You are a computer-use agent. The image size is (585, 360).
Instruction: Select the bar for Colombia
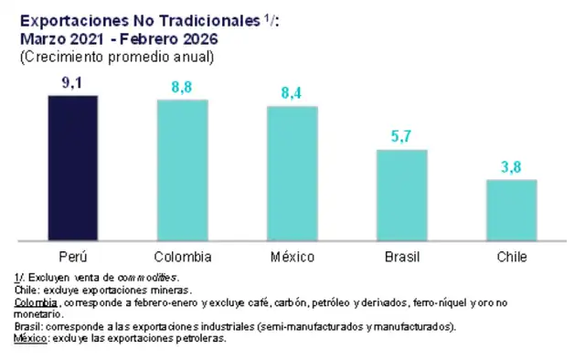[x=182, y=171]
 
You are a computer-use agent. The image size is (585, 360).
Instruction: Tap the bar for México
[x=292, y=175]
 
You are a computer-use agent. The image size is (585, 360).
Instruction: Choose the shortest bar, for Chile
[x=511, y=211]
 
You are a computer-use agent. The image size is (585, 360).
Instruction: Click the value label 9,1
[x=73, y=83]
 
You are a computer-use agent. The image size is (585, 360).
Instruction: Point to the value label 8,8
[x=182, y=87]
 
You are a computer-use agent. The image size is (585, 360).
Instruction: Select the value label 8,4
[x=292, y=94]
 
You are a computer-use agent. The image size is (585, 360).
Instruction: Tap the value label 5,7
[x=401, y=137]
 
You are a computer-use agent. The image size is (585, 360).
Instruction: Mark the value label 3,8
[x=511, y=167]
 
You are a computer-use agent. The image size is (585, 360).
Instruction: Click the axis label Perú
[x=73, y=256]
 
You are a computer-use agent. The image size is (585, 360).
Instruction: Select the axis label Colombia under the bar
[x=182, y=256]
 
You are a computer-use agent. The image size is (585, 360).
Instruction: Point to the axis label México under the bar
[x=292, y=256]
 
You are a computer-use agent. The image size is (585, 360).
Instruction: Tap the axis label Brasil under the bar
[x=401, y=256]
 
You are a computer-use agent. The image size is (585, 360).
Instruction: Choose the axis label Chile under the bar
[x=511, y=256]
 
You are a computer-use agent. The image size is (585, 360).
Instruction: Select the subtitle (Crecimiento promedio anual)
[x=116, y=56]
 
